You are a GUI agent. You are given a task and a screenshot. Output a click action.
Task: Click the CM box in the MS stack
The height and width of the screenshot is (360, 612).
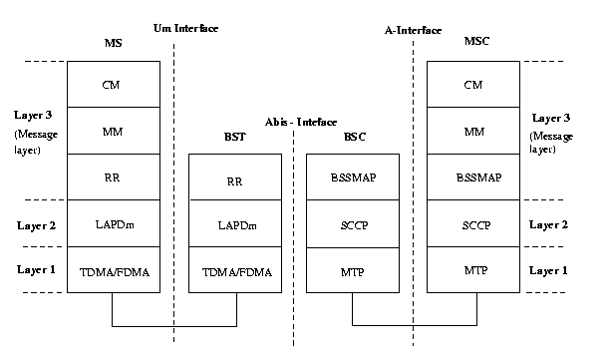click(x=112, y=85)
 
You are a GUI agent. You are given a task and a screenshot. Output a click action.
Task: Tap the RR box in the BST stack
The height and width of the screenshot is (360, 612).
click(x=234, y=180)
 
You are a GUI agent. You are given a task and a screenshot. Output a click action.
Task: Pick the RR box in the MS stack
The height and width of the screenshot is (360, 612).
click(x=112, y=178)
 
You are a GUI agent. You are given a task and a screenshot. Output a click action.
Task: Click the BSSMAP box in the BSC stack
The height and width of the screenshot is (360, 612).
click(x=354, y=179)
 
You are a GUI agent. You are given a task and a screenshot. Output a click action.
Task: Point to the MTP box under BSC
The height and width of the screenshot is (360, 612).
click(x=354, y=270)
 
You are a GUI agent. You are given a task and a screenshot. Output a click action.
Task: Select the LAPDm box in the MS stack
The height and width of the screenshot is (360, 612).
click(x=112, y=224)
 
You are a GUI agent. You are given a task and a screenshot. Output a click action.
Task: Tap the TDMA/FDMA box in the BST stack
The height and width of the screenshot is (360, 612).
click(x=234, y=270)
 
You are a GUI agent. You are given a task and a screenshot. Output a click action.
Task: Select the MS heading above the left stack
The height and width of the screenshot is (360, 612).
click(x=113, y=44)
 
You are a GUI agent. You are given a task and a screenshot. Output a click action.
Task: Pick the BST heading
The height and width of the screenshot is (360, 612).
click(x=235, y=137)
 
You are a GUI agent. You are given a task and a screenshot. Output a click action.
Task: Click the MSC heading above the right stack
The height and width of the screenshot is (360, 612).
click(x=474, y=44)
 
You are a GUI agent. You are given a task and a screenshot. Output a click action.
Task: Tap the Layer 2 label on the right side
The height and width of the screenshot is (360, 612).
click(x=549, y=224)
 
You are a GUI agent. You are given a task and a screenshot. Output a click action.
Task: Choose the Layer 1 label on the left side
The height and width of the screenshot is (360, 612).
click(x=36, y=270)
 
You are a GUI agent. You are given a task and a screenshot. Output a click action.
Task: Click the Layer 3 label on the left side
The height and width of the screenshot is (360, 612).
click(x=36, y=116)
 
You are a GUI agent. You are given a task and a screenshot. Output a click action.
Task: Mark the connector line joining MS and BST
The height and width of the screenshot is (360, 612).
click(x=172, y=325)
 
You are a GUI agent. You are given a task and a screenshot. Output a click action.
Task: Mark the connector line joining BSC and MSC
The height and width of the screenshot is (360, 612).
click(x=414, y=325)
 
